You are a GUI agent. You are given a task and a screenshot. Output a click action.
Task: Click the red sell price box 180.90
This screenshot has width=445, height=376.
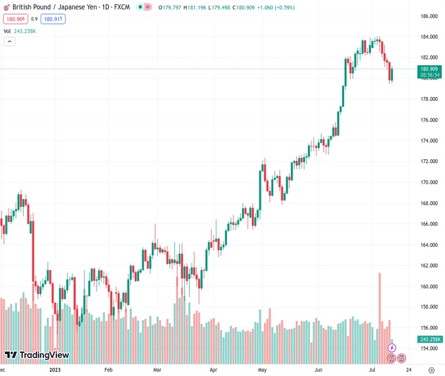14,19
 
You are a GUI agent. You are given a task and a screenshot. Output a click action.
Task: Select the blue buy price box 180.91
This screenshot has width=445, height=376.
53,19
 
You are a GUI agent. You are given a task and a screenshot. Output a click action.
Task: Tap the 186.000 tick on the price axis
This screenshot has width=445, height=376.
429,16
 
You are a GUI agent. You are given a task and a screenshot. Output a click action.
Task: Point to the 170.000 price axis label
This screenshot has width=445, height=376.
429,182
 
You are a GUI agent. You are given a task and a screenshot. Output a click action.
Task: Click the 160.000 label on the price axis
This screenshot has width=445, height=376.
429,286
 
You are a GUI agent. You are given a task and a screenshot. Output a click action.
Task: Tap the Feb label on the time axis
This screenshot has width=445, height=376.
108,370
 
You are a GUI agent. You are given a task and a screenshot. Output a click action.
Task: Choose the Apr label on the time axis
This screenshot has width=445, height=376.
214,370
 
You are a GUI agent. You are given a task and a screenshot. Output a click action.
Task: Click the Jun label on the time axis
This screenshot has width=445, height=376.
319,370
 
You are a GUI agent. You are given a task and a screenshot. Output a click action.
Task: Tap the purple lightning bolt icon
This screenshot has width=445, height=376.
392,347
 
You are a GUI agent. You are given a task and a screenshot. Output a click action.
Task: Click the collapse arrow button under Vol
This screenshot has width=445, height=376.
9,41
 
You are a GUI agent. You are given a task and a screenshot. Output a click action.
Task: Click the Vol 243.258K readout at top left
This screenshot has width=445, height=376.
19,31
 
